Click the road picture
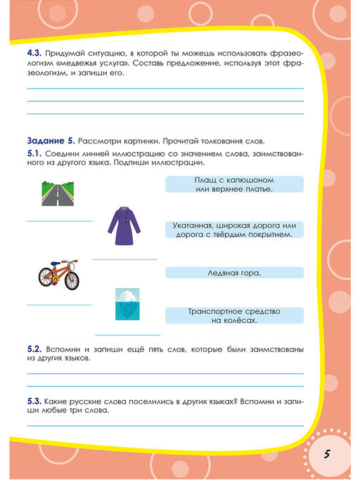pyautogui.click(x=58, y=192)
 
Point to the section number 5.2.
pyautogui.click(x=35, y=349)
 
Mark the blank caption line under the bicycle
pyautogui.click(x=60, y=304)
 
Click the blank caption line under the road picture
pyautogui.click(x=60, y=221)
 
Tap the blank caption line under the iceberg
pyautogui.click(x=127, y=334)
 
